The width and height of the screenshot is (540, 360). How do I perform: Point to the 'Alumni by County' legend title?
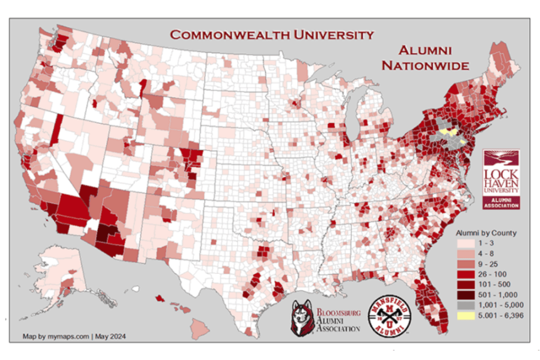click(486, 232)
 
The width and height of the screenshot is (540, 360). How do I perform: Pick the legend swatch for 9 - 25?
click(465, 264)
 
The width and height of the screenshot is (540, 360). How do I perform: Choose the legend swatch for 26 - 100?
click(465, 274)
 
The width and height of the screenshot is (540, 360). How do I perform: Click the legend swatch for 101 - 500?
click(465, 284)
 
